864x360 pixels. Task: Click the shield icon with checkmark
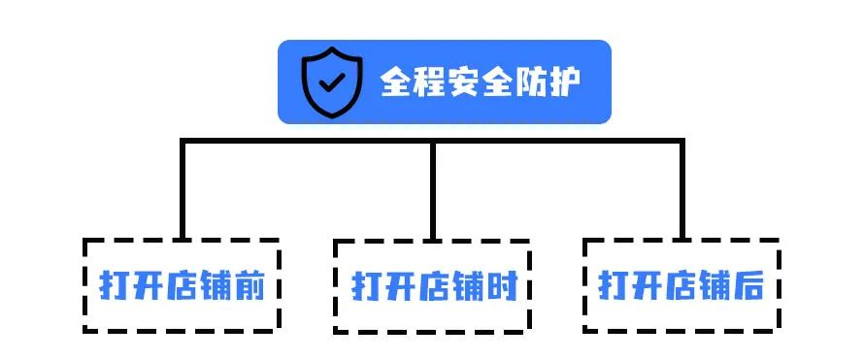pyautogui.click(x=330, y=82)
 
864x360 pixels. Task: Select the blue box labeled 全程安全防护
pyautogui.click(x=444, y=82)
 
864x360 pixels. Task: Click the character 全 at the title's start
pyautogui.click(x=397, y=82)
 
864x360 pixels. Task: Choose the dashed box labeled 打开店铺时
pyautogui.click(x=433, y=286)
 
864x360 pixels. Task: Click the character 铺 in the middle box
pyautogui.click(x=467, y=287)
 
